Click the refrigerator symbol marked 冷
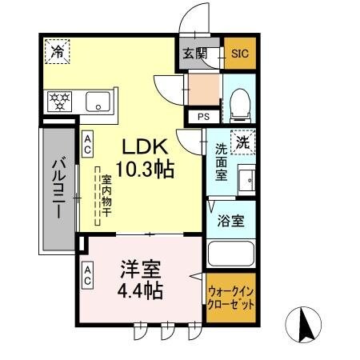click(x=58, y=52)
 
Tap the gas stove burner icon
click(x=59, y=102)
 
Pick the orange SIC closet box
click(x=239, y=54)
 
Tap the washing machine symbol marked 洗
click(x=241, y=142)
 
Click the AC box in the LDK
click(x=88, y=143)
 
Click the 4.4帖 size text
click(x=141, y=290)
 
